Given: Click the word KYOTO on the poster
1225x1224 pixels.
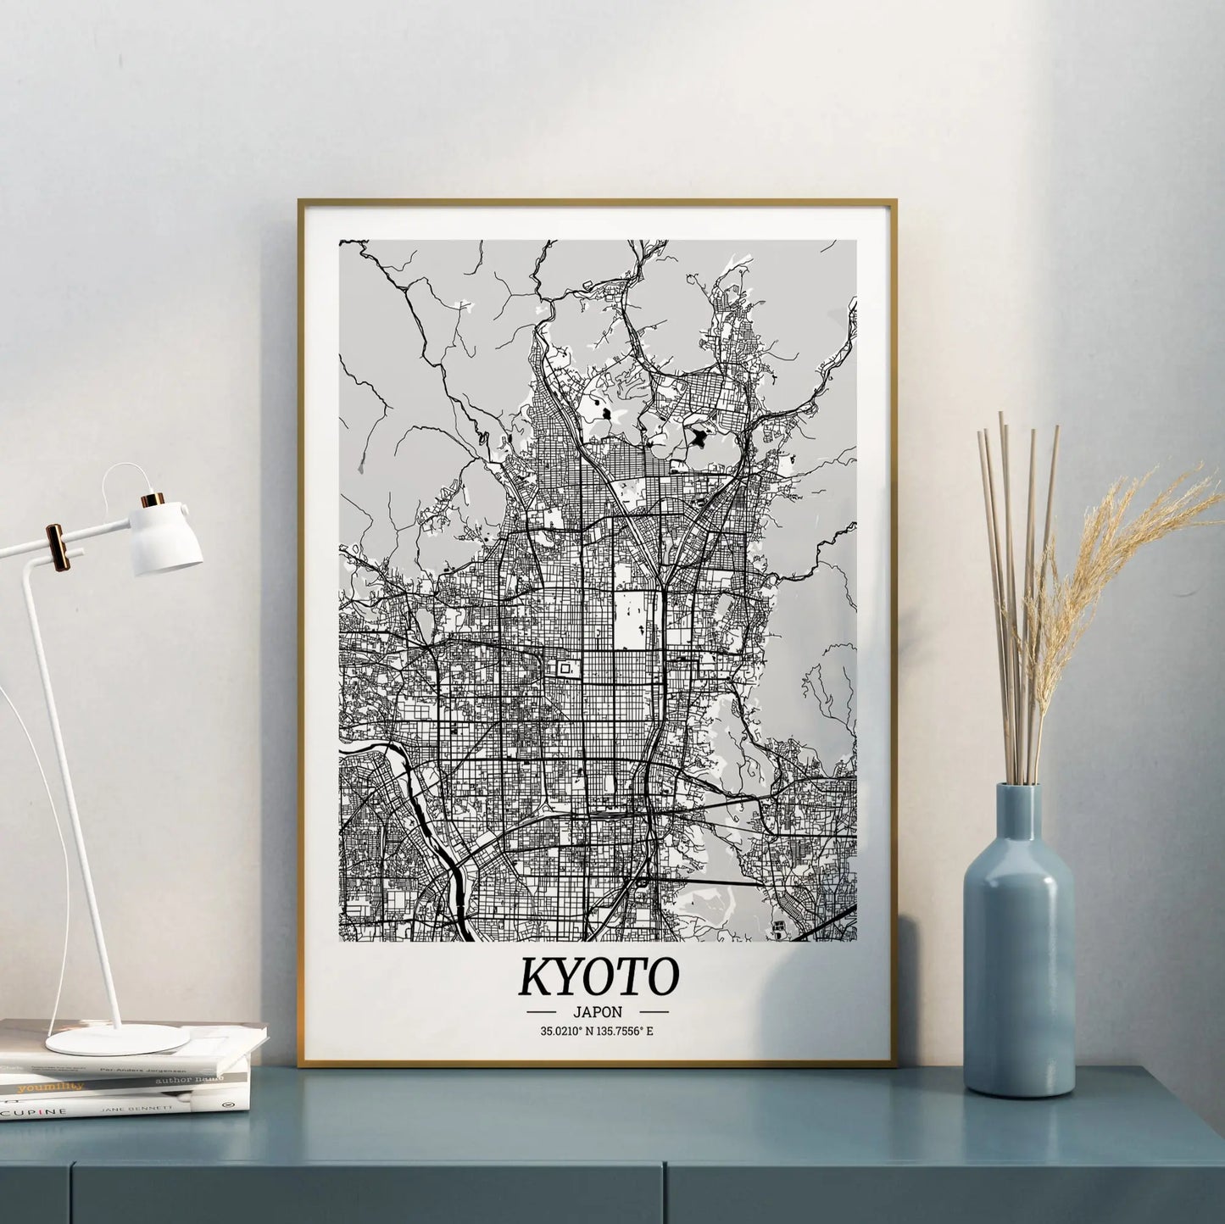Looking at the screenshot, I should coord(598,976).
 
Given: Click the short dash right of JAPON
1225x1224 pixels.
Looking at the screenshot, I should coord(654,1012).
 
